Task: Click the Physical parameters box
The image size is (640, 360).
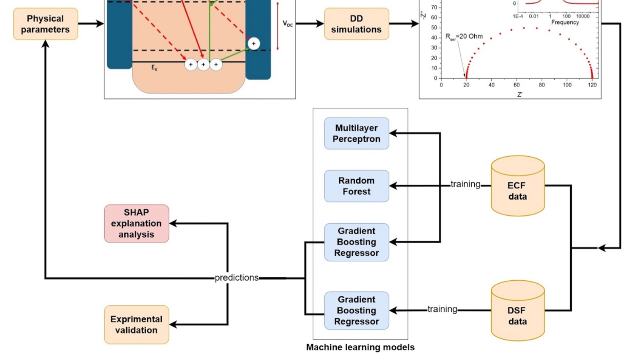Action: point(45,24)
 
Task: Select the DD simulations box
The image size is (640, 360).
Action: point(356,24)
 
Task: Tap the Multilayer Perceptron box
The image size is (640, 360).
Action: point(356,133)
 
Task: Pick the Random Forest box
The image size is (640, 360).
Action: point(356,186)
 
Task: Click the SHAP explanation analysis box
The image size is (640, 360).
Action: point(136,224)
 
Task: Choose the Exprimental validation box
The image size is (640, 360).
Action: point(136,325)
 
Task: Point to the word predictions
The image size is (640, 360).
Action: point(237,278)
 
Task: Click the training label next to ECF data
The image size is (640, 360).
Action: point(465,184)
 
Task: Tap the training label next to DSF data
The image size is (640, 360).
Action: point(442,309)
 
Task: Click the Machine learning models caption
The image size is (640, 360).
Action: point(360,347)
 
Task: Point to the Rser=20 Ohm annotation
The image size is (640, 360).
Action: point(464,37)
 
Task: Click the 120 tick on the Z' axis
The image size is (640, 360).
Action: point(592,85)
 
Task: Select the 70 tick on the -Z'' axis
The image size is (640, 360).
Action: point(433,7)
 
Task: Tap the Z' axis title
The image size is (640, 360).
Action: point(520,95)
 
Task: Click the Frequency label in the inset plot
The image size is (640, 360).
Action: point(565,22)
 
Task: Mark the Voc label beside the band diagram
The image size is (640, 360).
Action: point(288,24)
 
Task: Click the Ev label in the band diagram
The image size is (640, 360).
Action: point(154,68)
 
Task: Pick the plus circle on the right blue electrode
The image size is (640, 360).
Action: point(253,44)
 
